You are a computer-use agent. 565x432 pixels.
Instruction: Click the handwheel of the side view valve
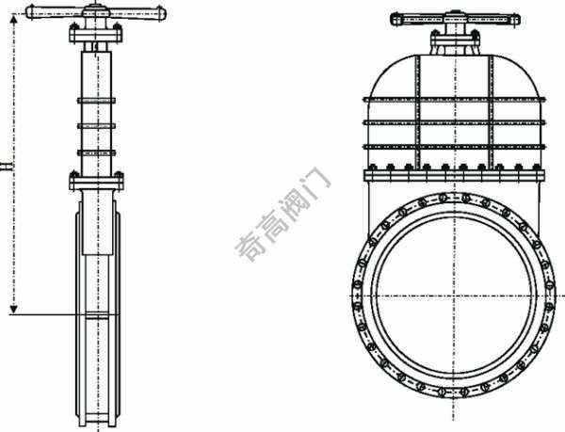[96, 13]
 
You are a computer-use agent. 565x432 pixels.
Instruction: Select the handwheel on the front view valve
[455, 19]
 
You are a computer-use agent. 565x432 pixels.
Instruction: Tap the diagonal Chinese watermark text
[282, 214]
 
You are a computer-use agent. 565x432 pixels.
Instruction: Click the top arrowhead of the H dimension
[14, 19]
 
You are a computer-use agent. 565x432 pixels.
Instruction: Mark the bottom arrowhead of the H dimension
[14, 309]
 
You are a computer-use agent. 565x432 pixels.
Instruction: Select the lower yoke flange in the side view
[96, 183]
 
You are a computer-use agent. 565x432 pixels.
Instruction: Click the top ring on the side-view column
[96, 101]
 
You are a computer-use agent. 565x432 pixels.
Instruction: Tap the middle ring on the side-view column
[96, 126]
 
